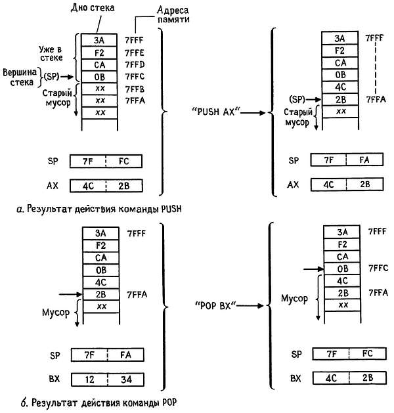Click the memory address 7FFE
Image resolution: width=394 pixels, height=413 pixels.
[134, 52]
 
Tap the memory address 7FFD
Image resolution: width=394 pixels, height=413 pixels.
[134, 64]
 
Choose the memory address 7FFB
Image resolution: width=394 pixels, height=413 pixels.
[134, 89]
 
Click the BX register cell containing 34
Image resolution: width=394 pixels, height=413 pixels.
[124, 380]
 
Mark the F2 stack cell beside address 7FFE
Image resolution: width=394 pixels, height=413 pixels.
[99, 52]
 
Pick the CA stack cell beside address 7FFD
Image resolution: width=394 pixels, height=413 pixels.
[99, 64]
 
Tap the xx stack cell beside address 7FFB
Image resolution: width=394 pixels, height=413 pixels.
[99, 89]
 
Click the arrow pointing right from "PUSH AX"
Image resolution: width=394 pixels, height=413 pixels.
[254, 113]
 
